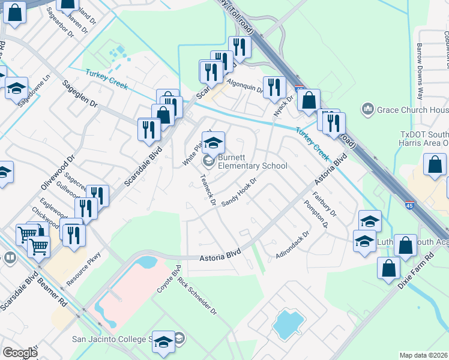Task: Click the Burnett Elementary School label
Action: click(x=252, y=161)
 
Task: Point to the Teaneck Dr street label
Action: click(x=208, y=189)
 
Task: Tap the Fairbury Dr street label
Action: click(x=325, y=204)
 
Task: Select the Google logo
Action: click(x=19, y=353)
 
